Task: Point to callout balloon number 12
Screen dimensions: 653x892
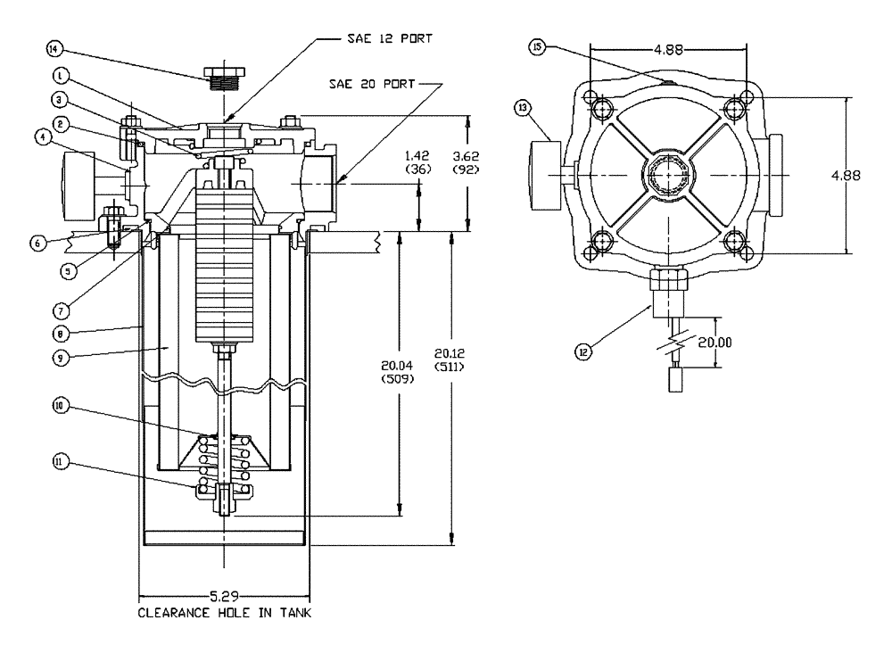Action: [584, 351]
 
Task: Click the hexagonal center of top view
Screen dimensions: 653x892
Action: [666, 173]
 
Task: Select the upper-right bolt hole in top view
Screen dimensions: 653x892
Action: [734, 109]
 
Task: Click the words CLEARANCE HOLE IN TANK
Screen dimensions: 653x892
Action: [224, 614]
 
